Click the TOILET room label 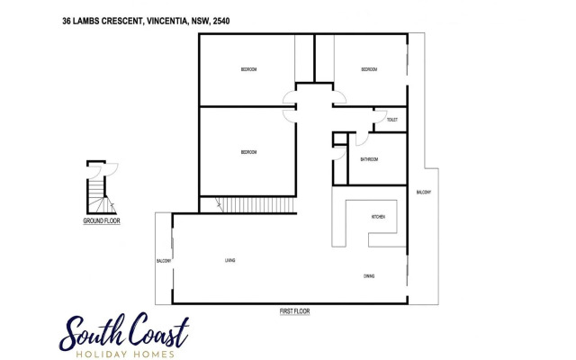(391, 120)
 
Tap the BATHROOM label (369, 159)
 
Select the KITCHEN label (379, 218)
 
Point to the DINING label (369, 275)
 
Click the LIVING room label (230, 260)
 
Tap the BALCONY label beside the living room (164, 260)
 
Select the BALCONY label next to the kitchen (423, 193)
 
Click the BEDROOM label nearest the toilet (369, 69)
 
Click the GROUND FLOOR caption (102, 220)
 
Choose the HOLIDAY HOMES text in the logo (122, 353)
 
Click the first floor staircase (258, 204)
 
